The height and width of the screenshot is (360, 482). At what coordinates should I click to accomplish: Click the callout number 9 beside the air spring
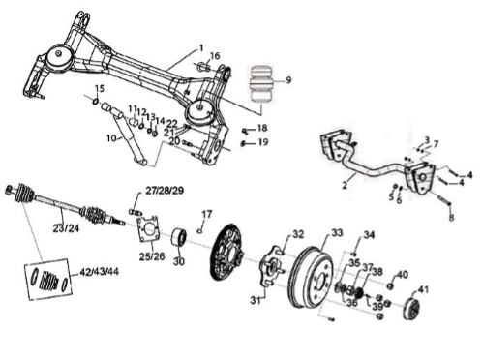tap(288, 79)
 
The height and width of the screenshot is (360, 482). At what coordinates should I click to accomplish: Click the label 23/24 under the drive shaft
tap(67, 228)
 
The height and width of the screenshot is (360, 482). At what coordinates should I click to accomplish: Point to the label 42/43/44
tap(99, 272)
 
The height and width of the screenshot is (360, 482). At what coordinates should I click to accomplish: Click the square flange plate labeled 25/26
tap(149, 228)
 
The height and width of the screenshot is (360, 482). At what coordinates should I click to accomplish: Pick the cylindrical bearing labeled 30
tap(178, 237)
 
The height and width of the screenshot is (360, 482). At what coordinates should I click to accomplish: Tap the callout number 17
tap(207, 214)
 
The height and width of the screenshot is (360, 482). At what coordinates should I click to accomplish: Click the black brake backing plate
tap(226, 252)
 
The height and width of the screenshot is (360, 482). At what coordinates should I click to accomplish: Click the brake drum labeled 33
tap(312, 278)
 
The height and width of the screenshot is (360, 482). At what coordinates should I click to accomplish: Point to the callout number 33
tap(337, 232)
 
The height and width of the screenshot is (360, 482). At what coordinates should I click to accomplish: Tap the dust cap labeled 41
tap(412, 310)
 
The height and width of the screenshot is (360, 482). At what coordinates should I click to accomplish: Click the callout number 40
tap(403, 275)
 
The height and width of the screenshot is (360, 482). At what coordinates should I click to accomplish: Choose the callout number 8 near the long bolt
tap(451, 217)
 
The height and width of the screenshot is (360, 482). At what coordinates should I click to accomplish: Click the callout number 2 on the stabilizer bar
tap(345, 185)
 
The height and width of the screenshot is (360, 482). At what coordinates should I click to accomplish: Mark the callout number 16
tap(215, 56)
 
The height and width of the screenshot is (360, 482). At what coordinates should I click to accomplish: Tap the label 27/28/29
tap(165, 191)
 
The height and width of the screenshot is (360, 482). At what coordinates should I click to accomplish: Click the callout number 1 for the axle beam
tap(201, 48)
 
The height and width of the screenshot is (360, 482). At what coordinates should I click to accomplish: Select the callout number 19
tap(263, 141)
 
